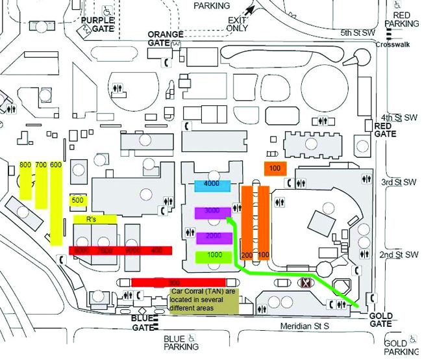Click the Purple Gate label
point(97,25)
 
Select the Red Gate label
point(385,130)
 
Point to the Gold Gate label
point(381,319)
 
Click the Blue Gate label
point(142,322)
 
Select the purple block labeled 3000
point(212,212)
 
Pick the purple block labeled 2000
point(214,237)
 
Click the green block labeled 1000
point(214,256)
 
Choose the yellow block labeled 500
point(78,201)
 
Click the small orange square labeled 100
point(275,168)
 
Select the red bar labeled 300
point(178,282)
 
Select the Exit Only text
point(237,24)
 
